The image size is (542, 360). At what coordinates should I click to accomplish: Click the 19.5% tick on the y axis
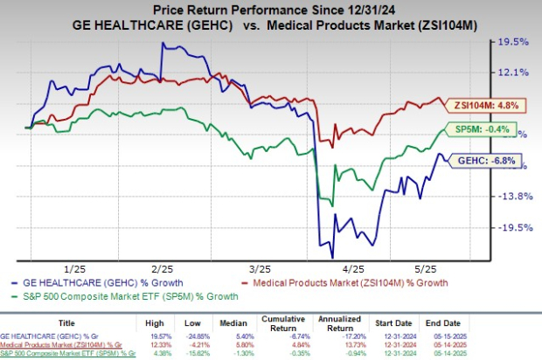point(516,41)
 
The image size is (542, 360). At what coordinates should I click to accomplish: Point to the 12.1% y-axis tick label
point(516,72)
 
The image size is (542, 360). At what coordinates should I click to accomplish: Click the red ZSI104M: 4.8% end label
point(484,104)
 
